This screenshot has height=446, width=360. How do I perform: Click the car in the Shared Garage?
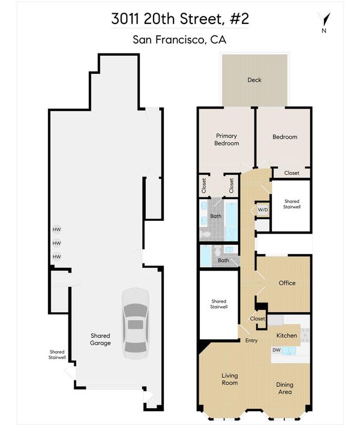pyautogui.click(x=136, y=324)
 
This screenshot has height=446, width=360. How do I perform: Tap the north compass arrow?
pyautogui.click(x=325, y=19)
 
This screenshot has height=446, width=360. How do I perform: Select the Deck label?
pyautogui.click(x=254, y=80)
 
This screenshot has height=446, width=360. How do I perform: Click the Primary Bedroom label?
pyautogui.click(x=226, y=139)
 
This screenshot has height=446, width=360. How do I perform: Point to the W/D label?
pyautogui.click(x=263, y=210)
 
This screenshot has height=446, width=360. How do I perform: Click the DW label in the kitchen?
pyautogui.click(x=277, y=350)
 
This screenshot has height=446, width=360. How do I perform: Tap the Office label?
pyautogui.click(x=287, y=283)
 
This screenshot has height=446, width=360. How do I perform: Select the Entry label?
pyautogui.click(x=251, y=340)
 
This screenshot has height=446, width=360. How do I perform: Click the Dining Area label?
pyautogui.click(x=284, y=388)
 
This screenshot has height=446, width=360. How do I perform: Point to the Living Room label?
pyautogui.click(x=230, y=379)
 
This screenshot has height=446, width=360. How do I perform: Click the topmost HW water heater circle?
pyautogui.click(x=56, y=229)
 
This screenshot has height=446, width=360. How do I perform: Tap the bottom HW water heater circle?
pyautogui.click(x=56, y=256)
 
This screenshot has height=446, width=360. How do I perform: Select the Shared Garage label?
pyautogui.click(x=100, y=339)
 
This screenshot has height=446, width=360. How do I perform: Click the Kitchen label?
pyautogui.click(x=287, y=336)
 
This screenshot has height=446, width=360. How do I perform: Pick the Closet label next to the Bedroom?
pyautogui.click(x=292, y=173)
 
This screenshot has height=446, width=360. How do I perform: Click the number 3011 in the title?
pyautogui.click(x=125, y=19)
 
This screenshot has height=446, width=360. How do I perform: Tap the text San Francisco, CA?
pyautogui.click(x=179, y=40)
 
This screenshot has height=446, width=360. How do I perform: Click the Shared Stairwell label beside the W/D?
pyautogui.click(x=292, y=204)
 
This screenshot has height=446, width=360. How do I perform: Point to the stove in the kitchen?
pyautogui.click(x=305, y=335)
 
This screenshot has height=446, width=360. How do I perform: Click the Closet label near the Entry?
pyautogui.click(x=257, y=319)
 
